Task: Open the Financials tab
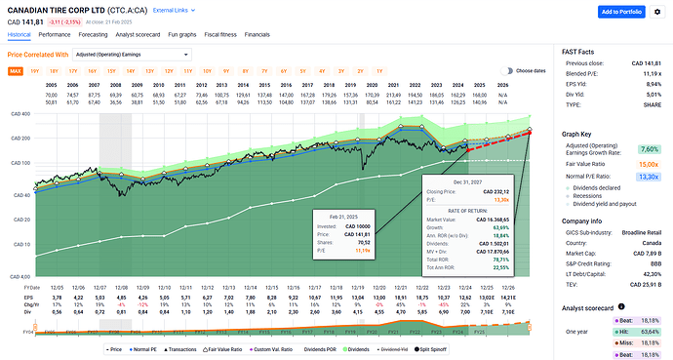point(284,34)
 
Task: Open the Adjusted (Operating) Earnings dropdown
point(135,56)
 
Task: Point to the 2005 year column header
point(49,85)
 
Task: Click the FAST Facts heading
point(580,50)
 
